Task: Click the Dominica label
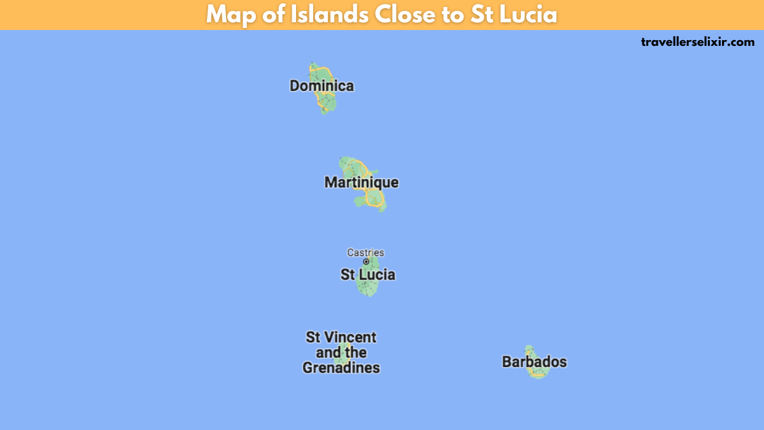pyautogui.click(x=322, y=86)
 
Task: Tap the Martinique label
pyautogui.click(x=361, y=183)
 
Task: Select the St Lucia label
pyautogui.click(x=367, y=275)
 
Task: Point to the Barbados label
pyautogui.click(x=534, y=362)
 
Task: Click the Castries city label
pyautogui.click(x=365, y=252)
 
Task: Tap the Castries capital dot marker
pyautogui.click(x=366, y=262)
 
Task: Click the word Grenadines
pyautogui.click(x=341, y=368)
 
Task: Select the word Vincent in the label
pyautogui.click(x=352, y=337)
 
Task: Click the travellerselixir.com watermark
pyautogui.click(x=697, y=42)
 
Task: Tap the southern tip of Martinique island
pyautogui.click(x=382, y=210)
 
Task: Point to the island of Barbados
pyautogui.click(x=537, y=373)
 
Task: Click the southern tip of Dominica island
pyautogui.click(x=325, y=112)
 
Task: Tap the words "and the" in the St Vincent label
pyautogui.click(x=341, y=353)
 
